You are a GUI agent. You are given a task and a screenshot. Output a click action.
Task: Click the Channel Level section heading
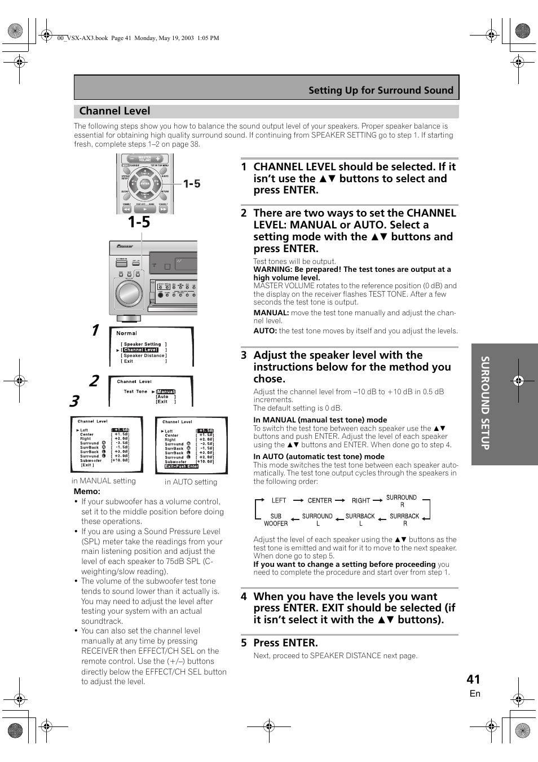tap(114, 111)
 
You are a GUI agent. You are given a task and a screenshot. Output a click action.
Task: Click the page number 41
tap(473, 679)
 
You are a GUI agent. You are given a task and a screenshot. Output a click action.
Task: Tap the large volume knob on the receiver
tap(129, 293)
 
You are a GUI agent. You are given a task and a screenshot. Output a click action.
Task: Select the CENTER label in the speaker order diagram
tap(320, 500)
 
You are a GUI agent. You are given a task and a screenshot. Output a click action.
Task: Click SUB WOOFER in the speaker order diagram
tap(276, 519)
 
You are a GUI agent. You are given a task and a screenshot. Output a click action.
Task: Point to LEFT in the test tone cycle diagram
tap(279, 500)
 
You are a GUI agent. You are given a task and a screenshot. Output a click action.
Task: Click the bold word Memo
tap(87, 491)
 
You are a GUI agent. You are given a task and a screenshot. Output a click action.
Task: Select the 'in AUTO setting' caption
tap(191, 482)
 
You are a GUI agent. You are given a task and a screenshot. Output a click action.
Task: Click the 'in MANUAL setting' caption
tap(104, 481)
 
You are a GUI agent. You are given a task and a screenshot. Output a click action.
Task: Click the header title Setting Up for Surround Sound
tap(381, 90)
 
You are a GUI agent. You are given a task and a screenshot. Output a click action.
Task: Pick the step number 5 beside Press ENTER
tap(244, 642)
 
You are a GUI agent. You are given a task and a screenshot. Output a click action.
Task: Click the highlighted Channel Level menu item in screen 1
tap(140, 350)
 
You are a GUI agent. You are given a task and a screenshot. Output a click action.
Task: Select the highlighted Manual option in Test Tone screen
tap(166, 391)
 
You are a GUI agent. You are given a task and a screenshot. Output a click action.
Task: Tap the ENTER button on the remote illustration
tap(145, 183)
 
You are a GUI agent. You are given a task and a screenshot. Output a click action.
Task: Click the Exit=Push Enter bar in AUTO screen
tap(182, 466)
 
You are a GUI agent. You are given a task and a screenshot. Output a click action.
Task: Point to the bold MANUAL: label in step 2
tap(271, 312)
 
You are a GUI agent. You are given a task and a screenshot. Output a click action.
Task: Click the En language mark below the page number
tap(475, 694)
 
